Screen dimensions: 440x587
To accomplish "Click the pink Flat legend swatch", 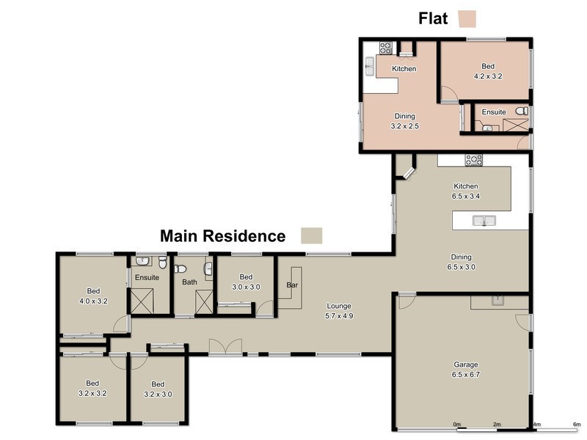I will (x=467, y=18).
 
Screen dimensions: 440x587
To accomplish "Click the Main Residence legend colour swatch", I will (x=312, y=235).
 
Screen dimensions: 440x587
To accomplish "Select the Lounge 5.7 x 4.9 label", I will (x=340, y=311).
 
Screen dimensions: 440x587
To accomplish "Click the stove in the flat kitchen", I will (x=385, y=48).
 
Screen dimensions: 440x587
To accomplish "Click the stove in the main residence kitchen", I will (x=473, y=159).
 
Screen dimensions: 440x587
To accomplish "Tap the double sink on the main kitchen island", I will (x=484, y=220).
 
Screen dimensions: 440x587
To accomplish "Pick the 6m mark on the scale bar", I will (x=576, y=425).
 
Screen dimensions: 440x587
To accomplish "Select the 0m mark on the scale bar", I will (x=456, y=425).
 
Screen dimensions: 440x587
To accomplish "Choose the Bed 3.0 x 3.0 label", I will (x=246, y=282).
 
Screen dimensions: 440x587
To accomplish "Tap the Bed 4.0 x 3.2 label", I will (x=93, y=296).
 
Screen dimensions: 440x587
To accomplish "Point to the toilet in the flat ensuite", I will (x=521, y=111).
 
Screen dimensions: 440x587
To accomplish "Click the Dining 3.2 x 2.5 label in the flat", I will (x=404, y=121).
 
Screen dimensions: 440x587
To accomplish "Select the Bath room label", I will (x=189, y=282).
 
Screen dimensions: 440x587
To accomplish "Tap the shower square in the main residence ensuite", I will (x=141, y=301).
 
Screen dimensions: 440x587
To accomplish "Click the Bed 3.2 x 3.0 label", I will (x=158, y=389).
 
